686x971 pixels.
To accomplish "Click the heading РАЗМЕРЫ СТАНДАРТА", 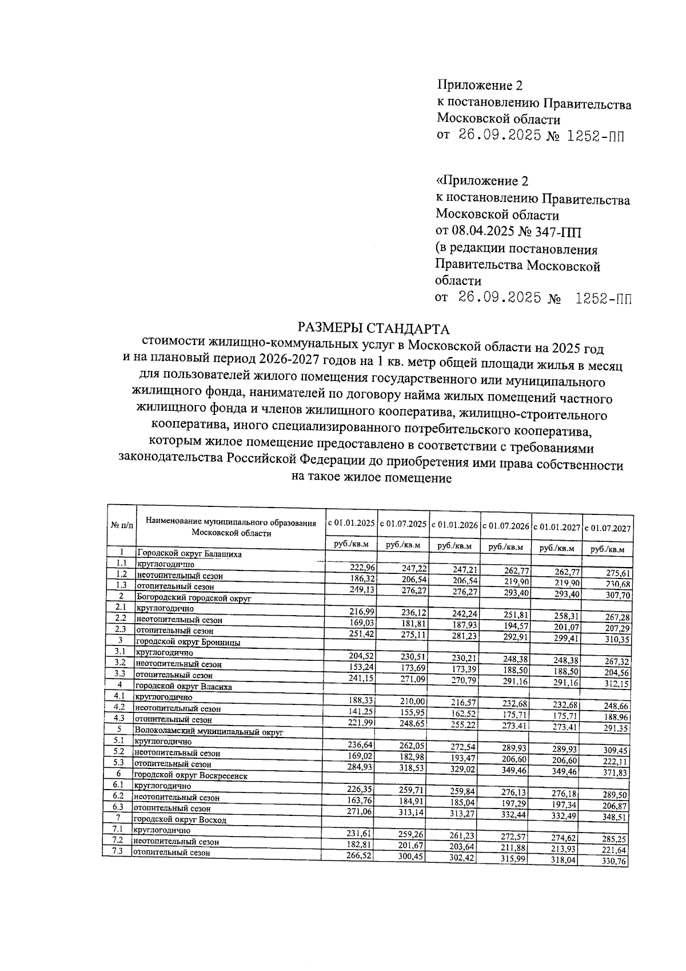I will tap(374, 329).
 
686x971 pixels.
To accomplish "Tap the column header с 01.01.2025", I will tap(350, 523).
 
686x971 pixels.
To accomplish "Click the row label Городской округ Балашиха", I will tap(189, 554).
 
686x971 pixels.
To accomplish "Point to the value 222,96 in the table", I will tap(362, 567).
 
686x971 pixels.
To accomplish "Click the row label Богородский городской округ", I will tap(193, 598).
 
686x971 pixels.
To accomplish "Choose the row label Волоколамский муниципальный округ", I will tap(208, 731).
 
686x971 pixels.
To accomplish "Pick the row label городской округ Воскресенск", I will tap(191, 775).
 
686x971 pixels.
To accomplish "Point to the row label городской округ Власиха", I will tap(182, 686).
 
